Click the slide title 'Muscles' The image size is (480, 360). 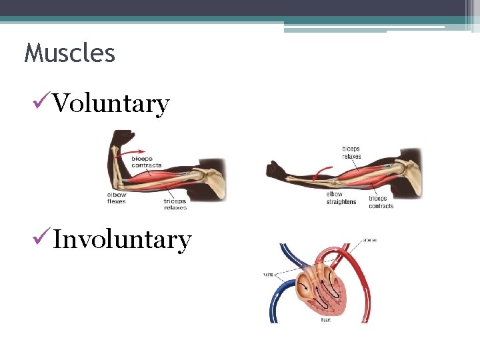tap(69, 53)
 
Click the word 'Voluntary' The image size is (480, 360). tap(111, 104)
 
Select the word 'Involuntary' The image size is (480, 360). tap(122, 239)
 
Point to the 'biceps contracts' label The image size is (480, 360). tap(146, 161)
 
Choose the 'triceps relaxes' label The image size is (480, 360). tap(175, 203)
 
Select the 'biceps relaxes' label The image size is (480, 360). tap(351, 153)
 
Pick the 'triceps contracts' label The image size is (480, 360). tap(381, 202)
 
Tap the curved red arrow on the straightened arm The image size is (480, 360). tap(321, 175)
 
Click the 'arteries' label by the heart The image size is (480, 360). tap(369, 240)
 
